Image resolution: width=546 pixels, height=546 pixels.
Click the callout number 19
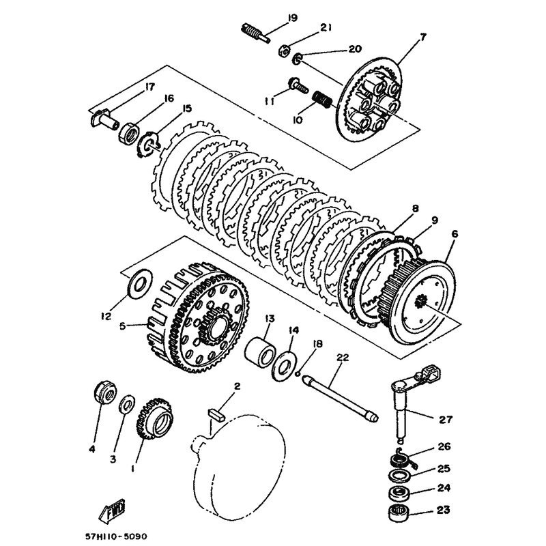click(x=293, y=18)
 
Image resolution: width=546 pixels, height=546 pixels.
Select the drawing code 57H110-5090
click(x=116, y=536)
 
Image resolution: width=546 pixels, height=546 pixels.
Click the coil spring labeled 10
click(x=321, y=100)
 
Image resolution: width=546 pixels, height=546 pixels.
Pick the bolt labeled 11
click(x=298, y=85)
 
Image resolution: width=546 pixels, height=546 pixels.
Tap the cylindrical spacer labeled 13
click(x=261, y=353)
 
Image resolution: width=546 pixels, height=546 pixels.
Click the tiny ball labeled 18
click(x=298, y=374)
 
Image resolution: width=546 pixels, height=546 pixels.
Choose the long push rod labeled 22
click(x=341, y=397)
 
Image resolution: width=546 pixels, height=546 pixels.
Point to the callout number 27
click(x=446, y=419)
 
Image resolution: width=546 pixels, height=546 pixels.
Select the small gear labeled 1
click(x=154, y=418)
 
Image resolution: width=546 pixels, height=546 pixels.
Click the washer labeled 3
click(x=127, y=405)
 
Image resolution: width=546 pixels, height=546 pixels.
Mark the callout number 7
click(x=422, y=38)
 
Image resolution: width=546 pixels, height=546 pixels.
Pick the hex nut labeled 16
click(x=130, y=132)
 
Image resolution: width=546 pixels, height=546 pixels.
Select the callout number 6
click(x=455, y=234)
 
